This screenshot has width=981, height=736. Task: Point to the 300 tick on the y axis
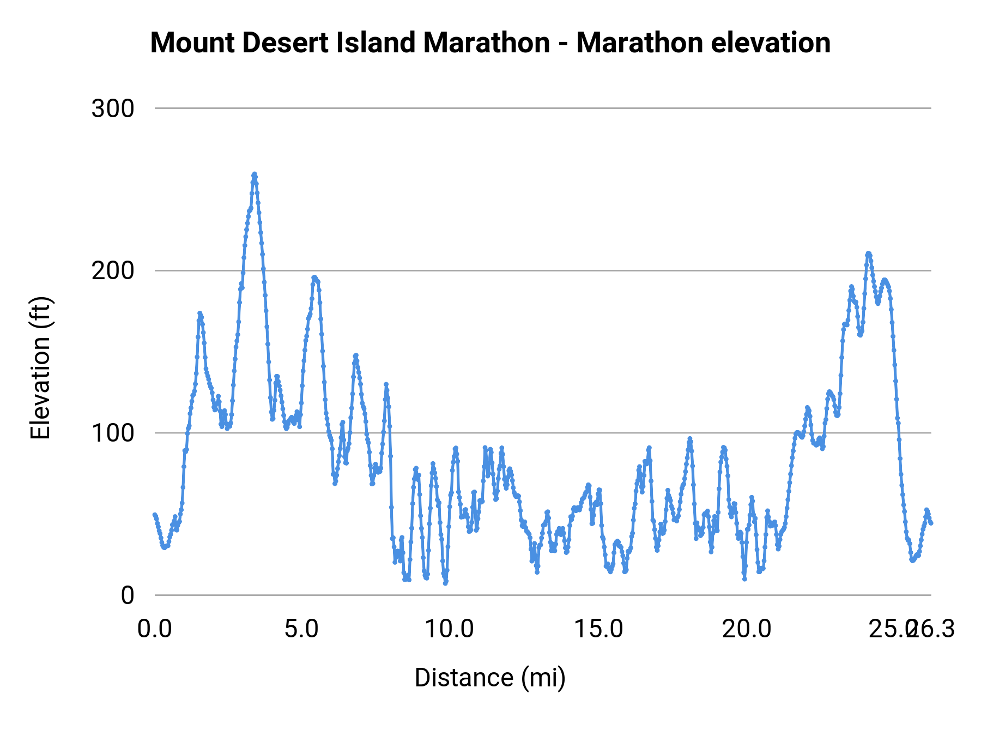[113, 108]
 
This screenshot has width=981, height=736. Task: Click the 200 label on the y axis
[113, 270]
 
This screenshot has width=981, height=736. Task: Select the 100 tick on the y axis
[113, 433]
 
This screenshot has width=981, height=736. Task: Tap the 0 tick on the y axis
[128, 595]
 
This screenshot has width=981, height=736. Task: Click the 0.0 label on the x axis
[155, 629]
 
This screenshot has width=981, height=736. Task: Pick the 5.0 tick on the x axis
[302, 629]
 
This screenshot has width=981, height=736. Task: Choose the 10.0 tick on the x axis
[449, 629]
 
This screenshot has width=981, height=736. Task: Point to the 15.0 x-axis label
[599, 629]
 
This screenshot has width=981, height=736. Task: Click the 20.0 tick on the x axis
[747, 629]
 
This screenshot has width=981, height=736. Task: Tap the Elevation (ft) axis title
[40, 368]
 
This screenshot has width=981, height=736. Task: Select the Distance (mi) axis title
[490, 678]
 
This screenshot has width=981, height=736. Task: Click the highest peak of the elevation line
[254, 174]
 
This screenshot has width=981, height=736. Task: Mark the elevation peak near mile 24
[868, 253]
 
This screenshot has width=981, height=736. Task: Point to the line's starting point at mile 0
[155, 515]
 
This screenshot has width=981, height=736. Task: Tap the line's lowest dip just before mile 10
[445, 583]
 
